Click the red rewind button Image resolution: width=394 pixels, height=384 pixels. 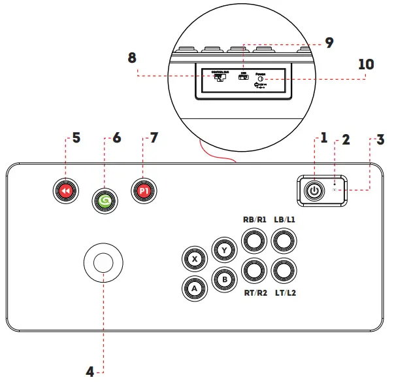tap(65, 190)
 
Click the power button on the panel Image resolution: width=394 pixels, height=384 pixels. tap(315, 190)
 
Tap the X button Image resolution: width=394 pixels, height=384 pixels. tap(194, 259)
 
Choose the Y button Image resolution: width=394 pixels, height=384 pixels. tap(223, 249)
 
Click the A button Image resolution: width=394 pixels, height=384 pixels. tap(194, 286)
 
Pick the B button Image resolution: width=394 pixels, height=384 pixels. tap(223, 279)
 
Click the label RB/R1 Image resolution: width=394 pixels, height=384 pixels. tap(254, 220)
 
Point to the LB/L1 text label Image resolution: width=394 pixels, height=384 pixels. tap(284, 220)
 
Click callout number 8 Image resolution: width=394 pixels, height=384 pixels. tap(132, 58)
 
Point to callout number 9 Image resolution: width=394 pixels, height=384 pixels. tap(329, 43)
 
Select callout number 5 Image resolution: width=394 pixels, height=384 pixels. tap(76, 138)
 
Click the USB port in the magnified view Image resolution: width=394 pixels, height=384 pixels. tap(244, 77)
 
